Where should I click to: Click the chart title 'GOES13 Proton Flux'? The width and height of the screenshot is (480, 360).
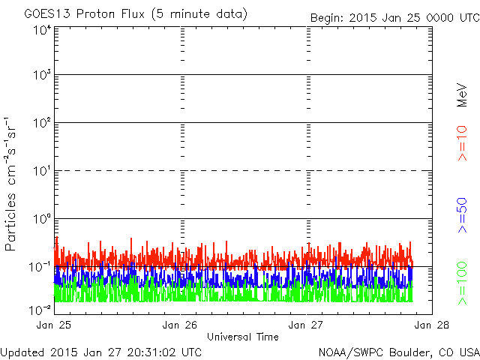point(85,14)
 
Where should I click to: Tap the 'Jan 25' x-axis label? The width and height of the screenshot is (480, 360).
point(54,325)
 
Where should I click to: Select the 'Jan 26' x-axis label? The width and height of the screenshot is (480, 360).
point(180,325)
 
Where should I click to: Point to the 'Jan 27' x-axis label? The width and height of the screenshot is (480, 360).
point(306,325)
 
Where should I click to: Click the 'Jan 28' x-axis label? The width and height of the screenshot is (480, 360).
point(432,325)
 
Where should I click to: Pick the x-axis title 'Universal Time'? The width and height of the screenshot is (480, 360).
point(243,337)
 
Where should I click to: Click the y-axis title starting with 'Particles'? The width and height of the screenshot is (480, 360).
point(10,184)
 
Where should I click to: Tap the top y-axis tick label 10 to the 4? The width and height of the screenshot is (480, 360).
point(42,31)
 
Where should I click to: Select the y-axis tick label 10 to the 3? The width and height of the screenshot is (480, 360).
point(42,74)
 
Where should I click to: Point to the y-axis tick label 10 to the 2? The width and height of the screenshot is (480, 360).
point(42,123)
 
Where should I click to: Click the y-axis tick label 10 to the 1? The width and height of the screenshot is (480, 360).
point(42,171)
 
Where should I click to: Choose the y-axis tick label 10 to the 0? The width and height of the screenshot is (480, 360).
point(42,219)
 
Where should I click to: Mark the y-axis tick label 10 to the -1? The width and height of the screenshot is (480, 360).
point(40,267)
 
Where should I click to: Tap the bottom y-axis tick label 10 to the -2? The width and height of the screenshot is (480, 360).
point(40,310)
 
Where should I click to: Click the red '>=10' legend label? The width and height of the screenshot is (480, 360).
point(462,143)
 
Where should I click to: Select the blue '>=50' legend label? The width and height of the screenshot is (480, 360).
point(462,215)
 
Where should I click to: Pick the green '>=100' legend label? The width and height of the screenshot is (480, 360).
point(462,283)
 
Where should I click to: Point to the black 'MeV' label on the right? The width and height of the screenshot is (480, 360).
point(462,95)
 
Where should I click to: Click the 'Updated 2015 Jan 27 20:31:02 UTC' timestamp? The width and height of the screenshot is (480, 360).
point(101,352)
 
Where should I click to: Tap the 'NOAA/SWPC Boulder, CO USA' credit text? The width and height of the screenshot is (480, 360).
point(399,352)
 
